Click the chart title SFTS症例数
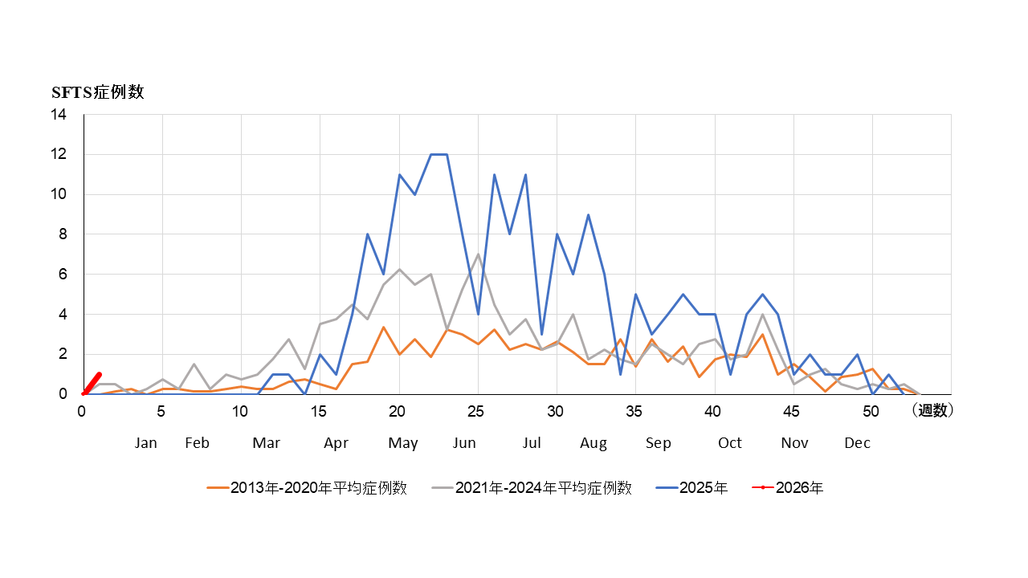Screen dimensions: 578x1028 coord(98,92)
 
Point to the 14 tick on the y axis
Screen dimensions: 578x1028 coord(59,115)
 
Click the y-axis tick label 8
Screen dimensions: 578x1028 coord(63,234)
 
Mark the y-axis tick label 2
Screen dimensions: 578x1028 coord(63,354)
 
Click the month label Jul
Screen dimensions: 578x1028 coord(532,443)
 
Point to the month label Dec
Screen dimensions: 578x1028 coord(857,443)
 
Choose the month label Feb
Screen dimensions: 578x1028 coord(197,443)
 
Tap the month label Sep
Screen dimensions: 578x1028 coord(659,443)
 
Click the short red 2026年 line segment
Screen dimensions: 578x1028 coord(92,384)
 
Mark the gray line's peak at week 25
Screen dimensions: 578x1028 coord(478,254)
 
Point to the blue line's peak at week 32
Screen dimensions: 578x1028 coord(589,215)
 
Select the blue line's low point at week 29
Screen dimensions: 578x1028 coord(541,334)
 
